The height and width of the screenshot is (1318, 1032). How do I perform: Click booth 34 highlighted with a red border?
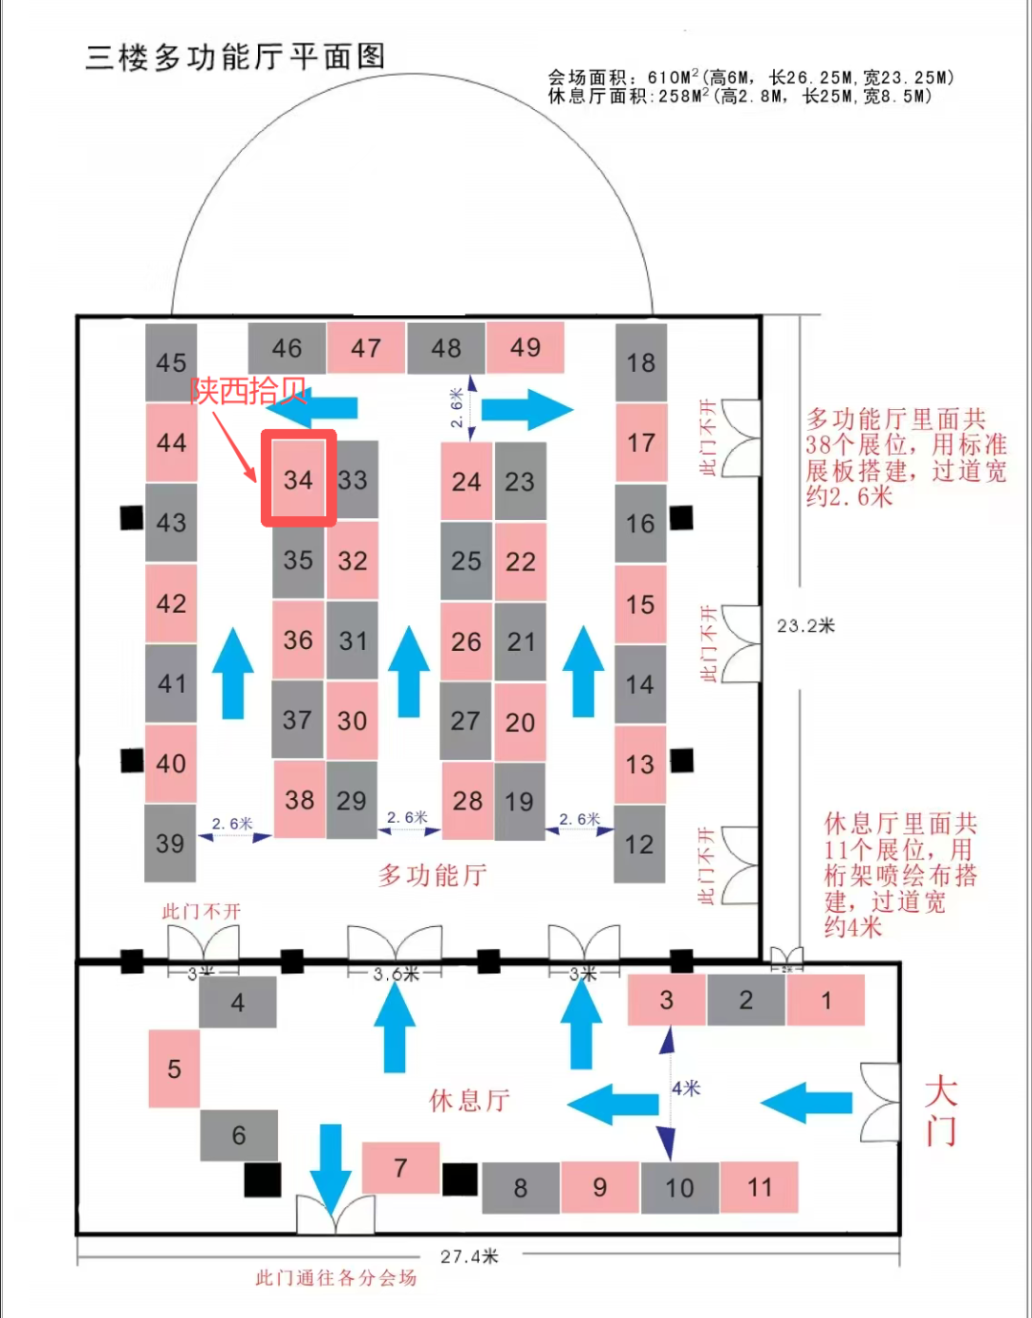pyautogui.click(x=298, y=479)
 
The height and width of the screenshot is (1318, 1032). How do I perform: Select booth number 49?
pyautogui.click(x=525, y=348)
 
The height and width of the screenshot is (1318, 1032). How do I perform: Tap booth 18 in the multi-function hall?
pyautogui.click(x=640, y=362)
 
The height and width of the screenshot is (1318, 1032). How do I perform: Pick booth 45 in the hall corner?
pyautogui.click(x=171, y=362)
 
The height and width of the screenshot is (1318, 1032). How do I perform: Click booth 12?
pyautogui.click(x=639, y=844)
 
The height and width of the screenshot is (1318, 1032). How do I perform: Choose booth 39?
pyautogui.click(x=170, y=843)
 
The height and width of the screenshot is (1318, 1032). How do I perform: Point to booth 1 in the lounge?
pyautogui.click(x=826, y=1000)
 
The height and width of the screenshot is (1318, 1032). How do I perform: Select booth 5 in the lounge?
pyautogui.click(x=174, y=1069)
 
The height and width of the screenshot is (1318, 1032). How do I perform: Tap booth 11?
pyautogui.click(x=759, y=1187)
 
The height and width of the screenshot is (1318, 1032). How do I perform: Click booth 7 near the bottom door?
pyautogui.click(x=400, y=1167)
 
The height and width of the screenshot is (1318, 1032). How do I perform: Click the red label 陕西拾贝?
pyautogui.click(x=247, y=390)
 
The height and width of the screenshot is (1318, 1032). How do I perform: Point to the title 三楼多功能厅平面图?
pyautogui.click(x=235, y=57)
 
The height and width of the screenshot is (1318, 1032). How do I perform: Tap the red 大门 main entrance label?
pyautogui.click(x=941, y=1111)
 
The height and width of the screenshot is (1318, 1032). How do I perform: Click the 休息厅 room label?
pyautogui.click(x=469, y=1100)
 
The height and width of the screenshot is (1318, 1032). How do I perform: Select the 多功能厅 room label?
pyautogui.click(x=432, y=875)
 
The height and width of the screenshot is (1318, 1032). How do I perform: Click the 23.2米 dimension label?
pyautogui.click(x=806, y=626)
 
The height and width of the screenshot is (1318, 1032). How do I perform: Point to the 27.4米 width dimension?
pyautogui.click(x=469, y=1256)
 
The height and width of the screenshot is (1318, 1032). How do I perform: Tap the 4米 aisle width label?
pyautogui.click(x=686, y=1089)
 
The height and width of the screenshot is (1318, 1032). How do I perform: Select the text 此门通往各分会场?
pyautogui.click(x=335, y=1278)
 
